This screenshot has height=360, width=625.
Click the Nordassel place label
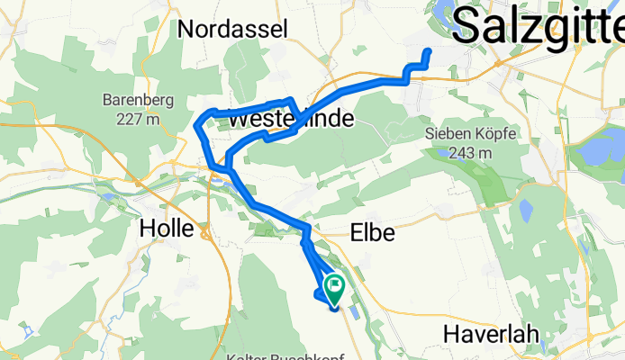point(232,28)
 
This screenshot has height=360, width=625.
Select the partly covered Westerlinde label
point(289,120)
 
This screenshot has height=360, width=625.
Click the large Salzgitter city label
point(537,24)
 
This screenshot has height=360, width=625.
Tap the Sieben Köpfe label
point(470,135)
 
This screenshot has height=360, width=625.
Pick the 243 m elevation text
point(470,153)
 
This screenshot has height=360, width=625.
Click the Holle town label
point(167,229)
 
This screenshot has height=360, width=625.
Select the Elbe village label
point(371,233)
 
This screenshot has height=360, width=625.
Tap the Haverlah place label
point(491,334)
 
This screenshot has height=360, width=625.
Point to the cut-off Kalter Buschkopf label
point(292,355)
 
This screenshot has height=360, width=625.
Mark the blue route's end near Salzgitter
point(428,51)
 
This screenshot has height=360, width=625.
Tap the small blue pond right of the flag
point(353,313)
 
